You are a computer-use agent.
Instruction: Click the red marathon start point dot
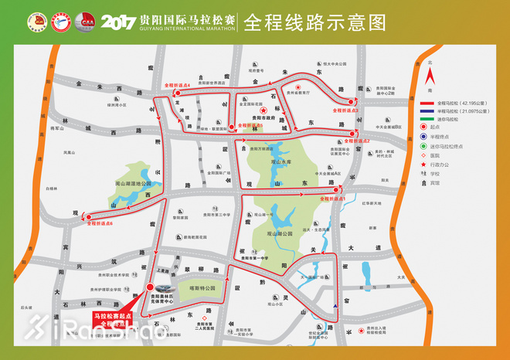(x=149, y=287)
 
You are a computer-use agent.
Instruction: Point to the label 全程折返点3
(x=345, y=110)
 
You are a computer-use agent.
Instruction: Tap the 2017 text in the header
(x=117, y=21)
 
